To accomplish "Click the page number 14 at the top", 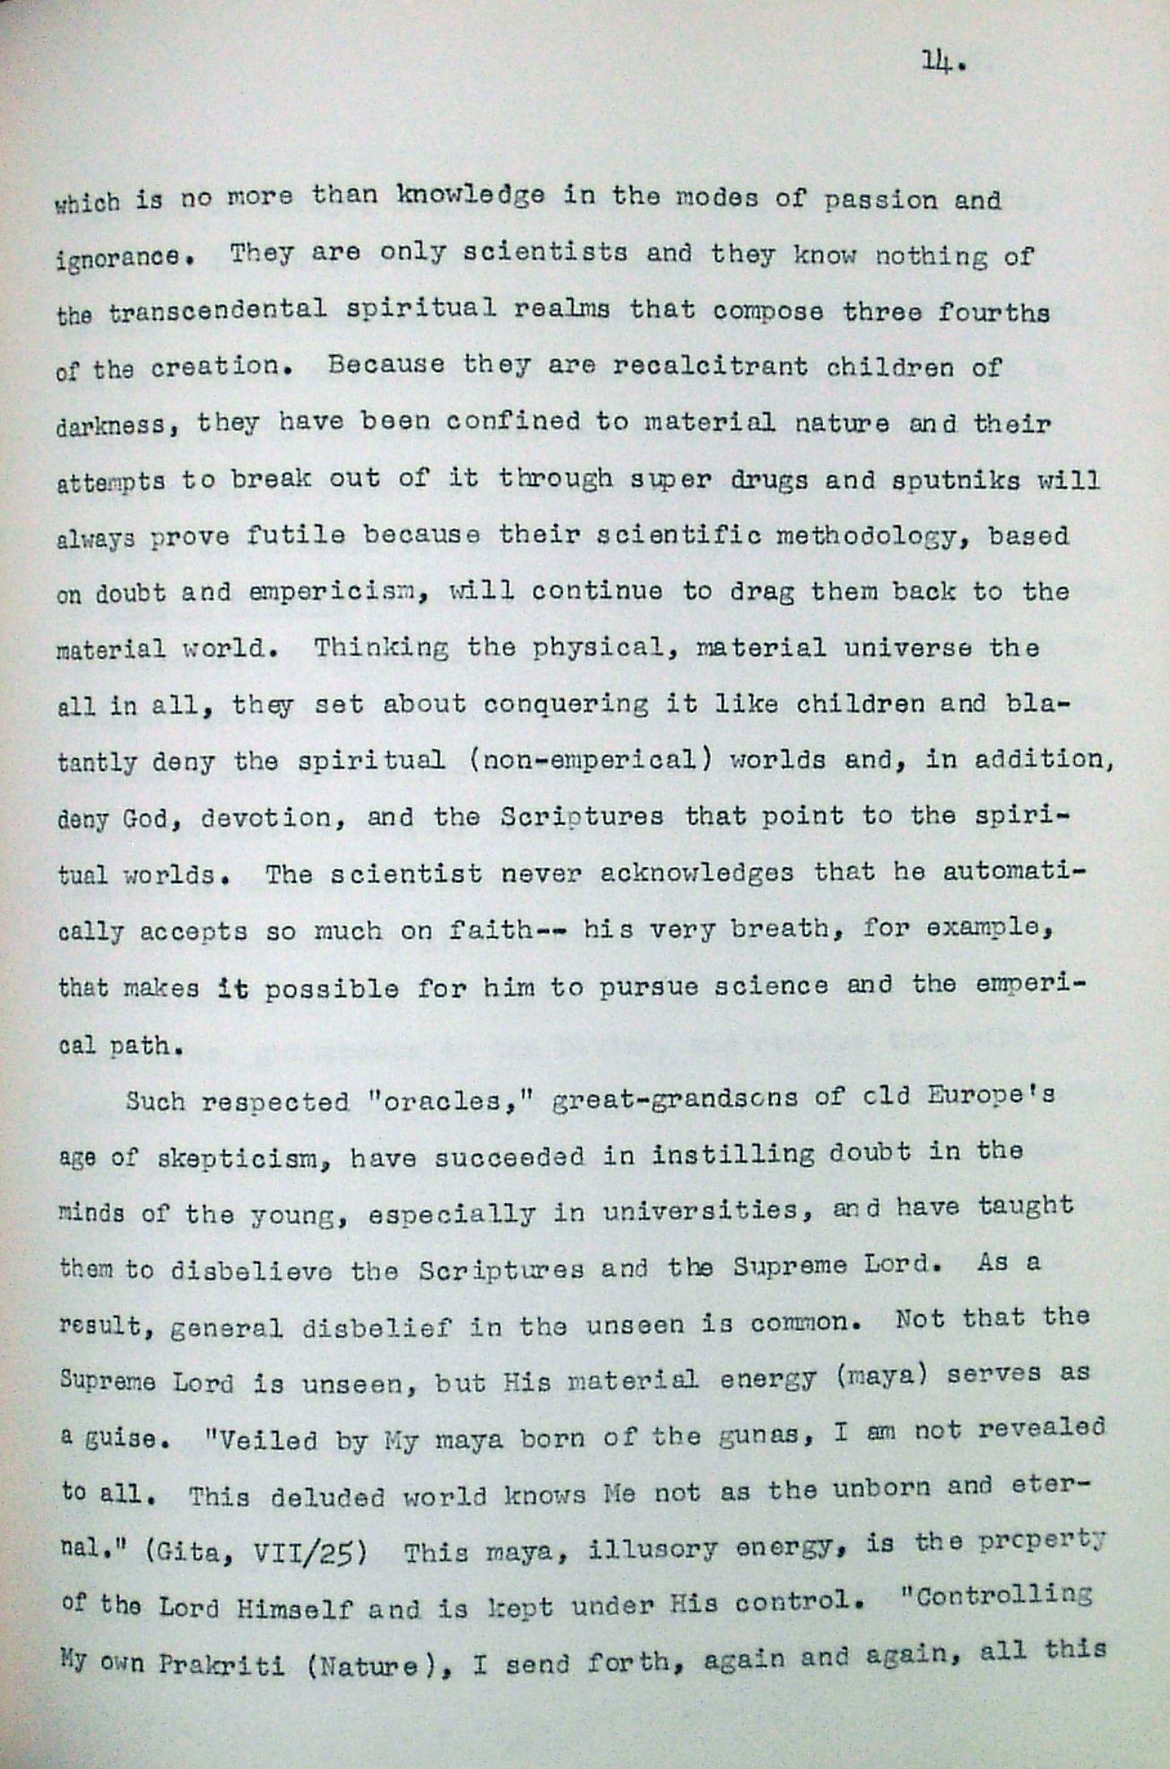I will [940, 63].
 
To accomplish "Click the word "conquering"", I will [566, 704].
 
